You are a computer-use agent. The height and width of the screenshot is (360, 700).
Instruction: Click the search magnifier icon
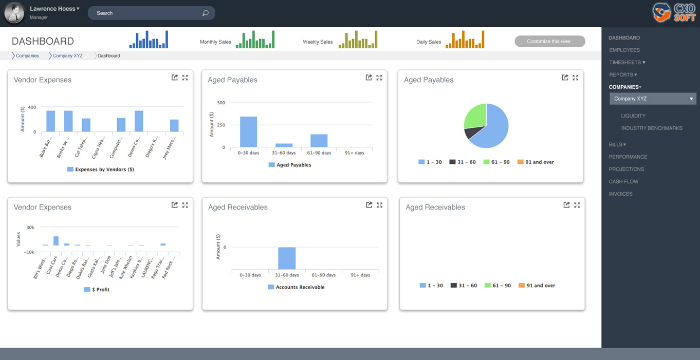point(206,13)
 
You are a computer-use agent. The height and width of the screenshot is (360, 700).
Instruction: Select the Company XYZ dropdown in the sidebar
point(653,99)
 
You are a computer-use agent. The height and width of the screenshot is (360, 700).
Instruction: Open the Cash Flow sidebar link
point(623,181)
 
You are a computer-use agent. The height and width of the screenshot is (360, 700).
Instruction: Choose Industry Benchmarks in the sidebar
point(652,128)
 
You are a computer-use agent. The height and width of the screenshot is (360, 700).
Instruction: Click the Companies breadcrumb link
point(27,55)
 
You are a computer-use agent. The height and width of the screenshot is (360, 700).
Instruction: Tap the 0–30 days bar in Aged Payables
point(248,132)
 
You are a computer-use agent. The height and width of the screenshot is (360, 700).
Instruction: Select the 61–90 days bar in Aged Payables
point(319,141)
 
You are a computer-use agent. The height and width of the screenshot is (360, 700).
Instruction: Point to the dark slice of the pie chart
point(470,133)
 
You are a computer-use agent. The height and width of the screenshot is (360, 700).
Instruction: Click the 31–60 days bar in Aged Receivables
point(287,258)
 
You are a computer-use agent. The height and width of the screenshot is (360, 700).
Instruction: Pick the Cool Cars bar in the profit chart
point(56,241)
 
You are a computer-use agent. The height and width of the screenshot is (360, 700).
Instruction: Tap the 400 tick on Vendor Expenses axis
point(32,107)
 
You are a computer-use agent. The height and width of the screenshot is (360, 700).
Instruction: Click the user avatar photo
point(14,13)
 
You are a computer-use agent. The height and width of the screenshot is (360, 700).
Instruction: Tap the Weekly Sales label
point(318,42)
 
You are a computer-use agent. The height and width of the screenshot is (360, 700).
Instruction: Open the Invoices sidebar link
point(621,194)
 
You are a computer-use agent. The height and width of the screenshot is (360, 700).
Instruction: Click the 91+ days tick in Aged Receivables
point(360,275)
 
